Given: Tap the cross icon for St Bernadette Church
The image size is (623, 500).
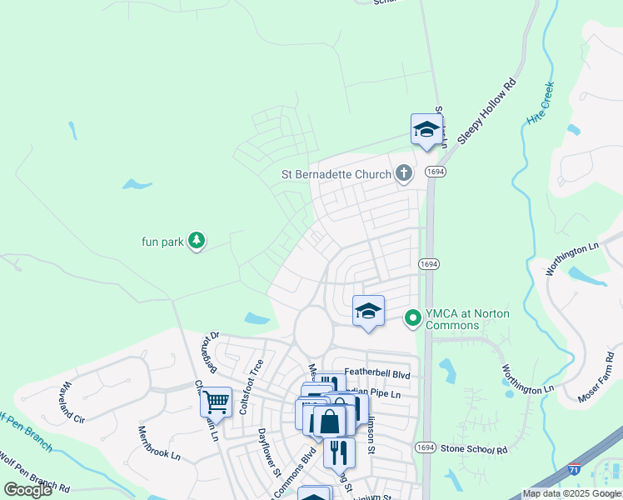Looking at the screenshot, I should tap(403, 173).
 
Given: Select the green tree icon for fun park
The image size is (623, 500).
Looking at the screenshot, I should tap(196, 242).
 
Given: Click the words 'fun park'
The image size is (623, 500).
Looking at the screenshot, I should tap(161, 242).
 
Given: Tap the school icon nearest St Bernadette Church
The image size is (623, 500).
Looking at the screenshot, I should tap(426, 129).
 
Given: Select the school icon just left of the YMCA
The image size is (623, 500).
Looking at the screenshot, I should tap(368, 311).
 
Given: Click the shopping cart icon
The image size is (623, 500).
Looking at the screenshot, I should tap(216, 402).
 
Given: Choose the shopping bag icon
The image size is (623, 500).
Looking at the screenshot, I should tap(330, 421).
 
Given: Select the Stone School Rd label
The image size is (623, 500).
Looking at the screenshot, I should tap(475, 448).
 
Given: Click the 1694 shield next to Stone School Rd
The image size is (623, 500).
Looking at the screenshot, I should tap(426, 447).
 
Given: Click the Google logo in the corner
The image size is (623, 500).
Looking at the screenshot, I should tap(28, 490).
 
